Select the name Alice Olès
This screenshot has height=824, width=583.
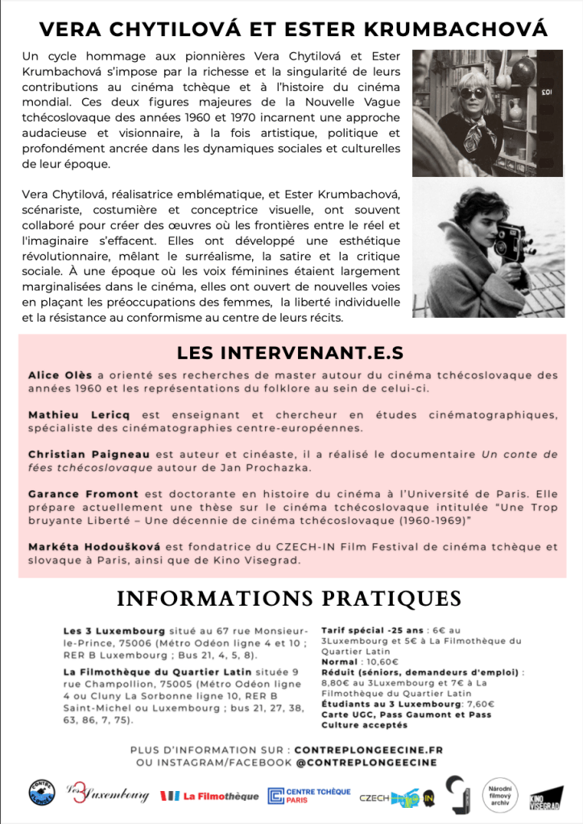60,375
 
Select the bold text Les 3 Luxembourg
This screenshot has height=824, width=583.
114,631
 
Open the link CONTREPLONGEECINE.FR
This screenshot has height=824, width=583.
369,750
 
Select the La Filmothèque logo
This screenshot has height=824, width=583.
209,796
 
